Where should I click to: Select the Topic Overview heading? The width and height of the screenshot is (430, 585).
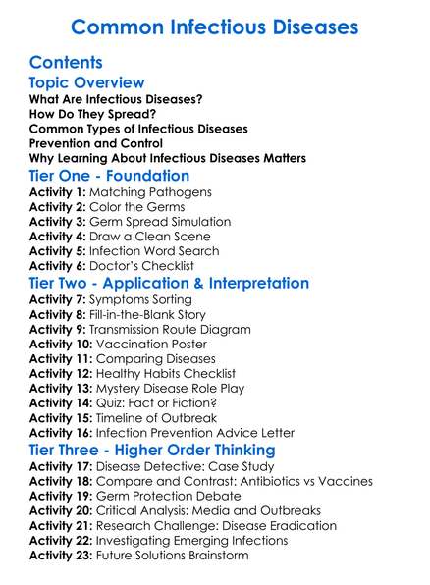tap(87, 83)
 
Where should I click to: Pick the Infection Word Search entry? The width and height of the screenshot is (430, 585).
tap(162, 251)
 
